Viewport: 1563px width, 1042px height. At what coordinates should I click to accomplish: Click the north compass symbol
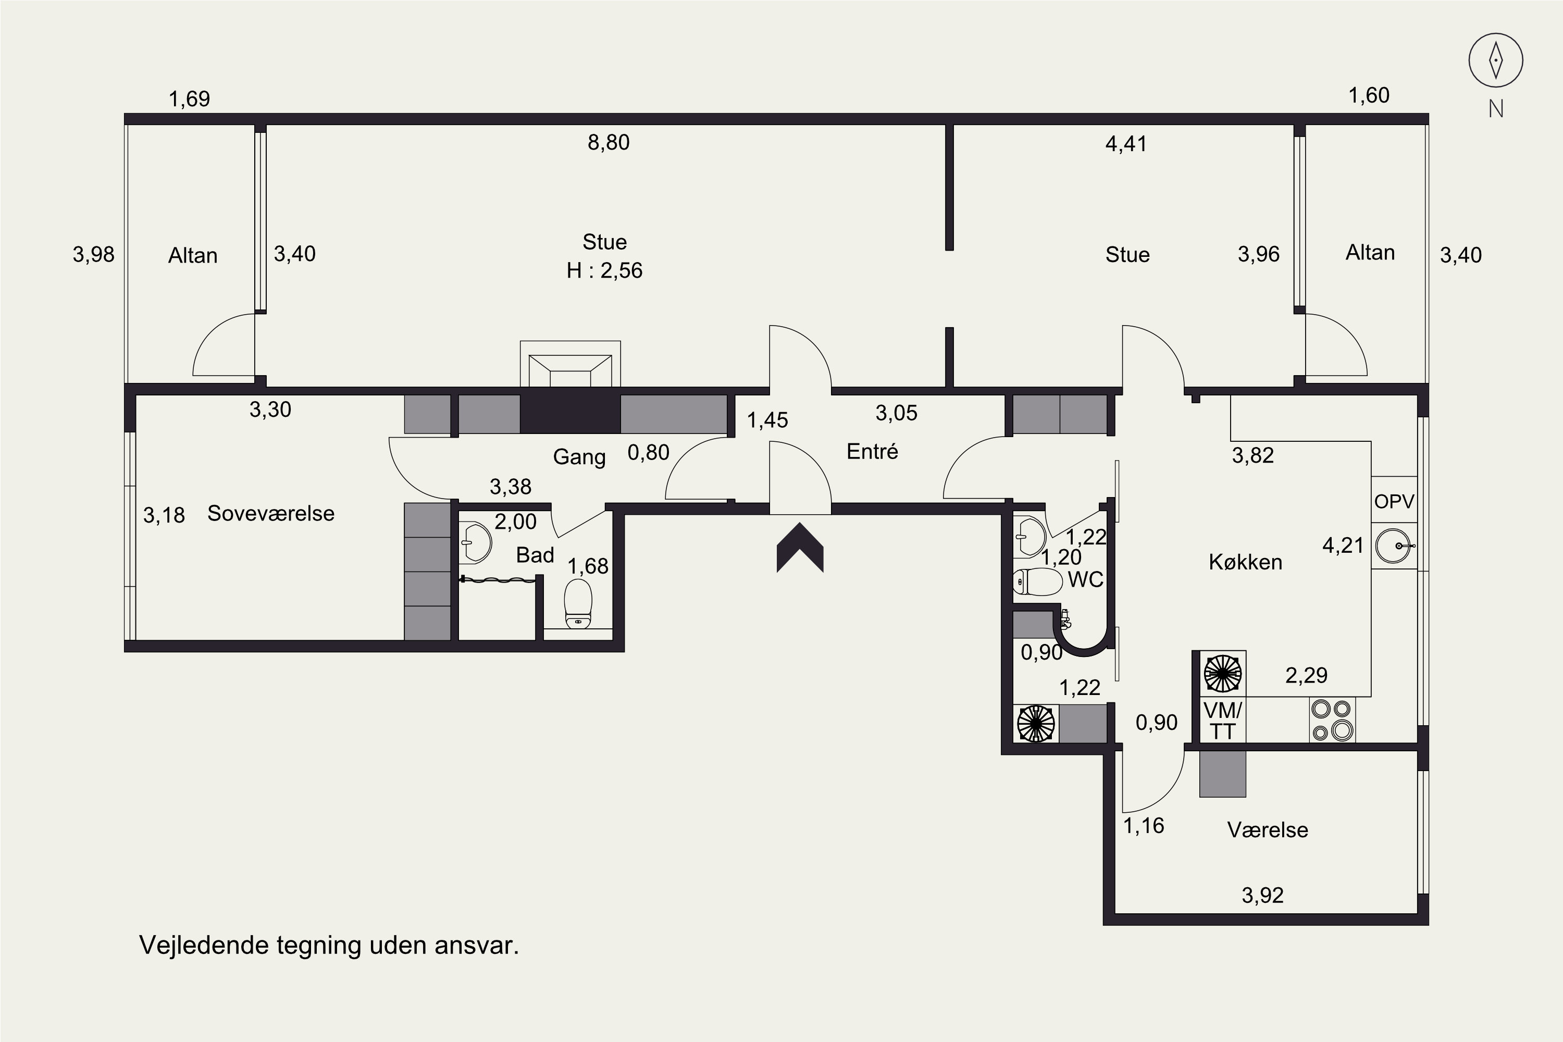1495,60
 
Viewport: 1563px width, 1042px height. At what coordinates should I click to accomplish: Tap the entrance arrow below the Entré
800,547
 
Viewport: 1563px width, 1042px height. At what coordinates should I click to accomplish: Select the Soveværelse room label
270,513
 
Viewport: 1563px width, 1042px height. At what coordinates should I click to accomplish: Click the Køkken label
1245,562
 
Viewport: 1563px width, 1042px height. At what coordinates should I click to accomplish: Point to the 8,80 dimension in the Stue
608,142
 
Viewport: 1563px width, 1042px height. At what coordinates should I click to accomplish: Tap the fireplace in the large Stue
570,364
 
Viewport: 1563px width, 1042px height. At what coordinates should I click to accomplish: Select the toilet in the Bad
577,603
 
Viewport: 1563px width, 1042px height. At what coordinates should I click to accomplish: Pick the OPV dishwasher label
1394,502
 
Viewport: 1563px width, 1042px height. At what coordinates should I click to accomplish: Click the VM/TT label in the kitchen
1222,721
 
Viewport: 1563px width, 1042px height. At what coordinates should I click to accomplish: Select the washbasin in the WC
1029,536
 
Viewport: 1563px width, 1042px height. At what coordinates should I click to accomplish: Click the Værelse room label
1267,830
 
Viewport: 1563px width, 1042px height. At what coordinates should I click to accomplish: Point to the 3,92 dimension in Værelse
1262,895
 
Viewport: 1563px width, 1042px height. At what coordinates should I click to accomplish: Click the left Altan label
193,255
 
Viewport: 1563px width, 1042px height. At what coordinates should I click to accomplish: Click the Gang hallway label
579,457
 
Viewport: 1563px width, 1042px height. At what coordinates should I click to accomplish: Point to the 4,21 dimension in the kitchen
1343,545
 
